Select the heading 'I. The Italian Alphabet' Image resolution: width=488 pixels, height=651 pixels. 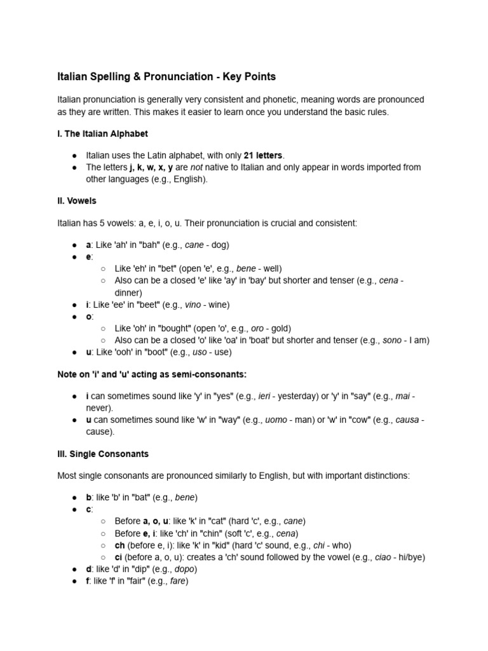click(x=102, y=134)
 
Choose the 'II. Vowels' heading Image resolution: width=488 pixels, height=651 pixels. click(x=77, y=200)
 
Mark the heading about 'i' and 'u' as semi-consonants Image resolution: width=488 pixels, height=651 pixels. click(x=152, y=374)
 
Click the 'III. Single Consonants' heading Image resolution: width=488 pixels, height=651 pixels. click(x=103, y=454)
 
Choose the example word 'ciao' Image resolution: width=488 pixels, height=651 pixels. click(x=383, y=557)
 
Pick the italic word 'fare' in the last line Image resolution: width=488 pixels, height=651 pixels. click(x=177, y=580)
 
